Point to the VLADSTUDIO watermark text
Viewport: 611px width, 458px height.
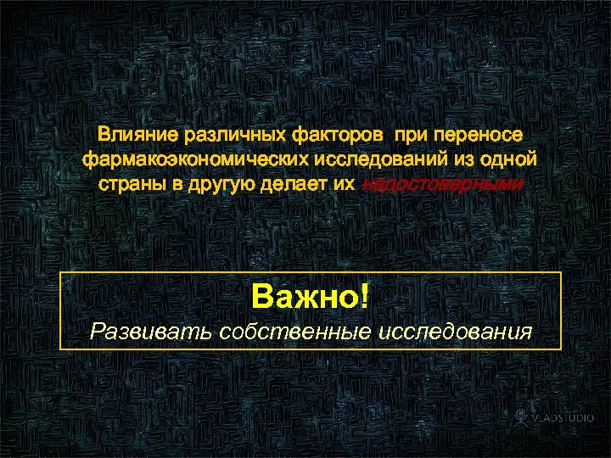click(x=563, y=418)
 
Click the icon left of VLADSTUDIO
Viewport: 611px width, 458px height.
click(x=521, y=417)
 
